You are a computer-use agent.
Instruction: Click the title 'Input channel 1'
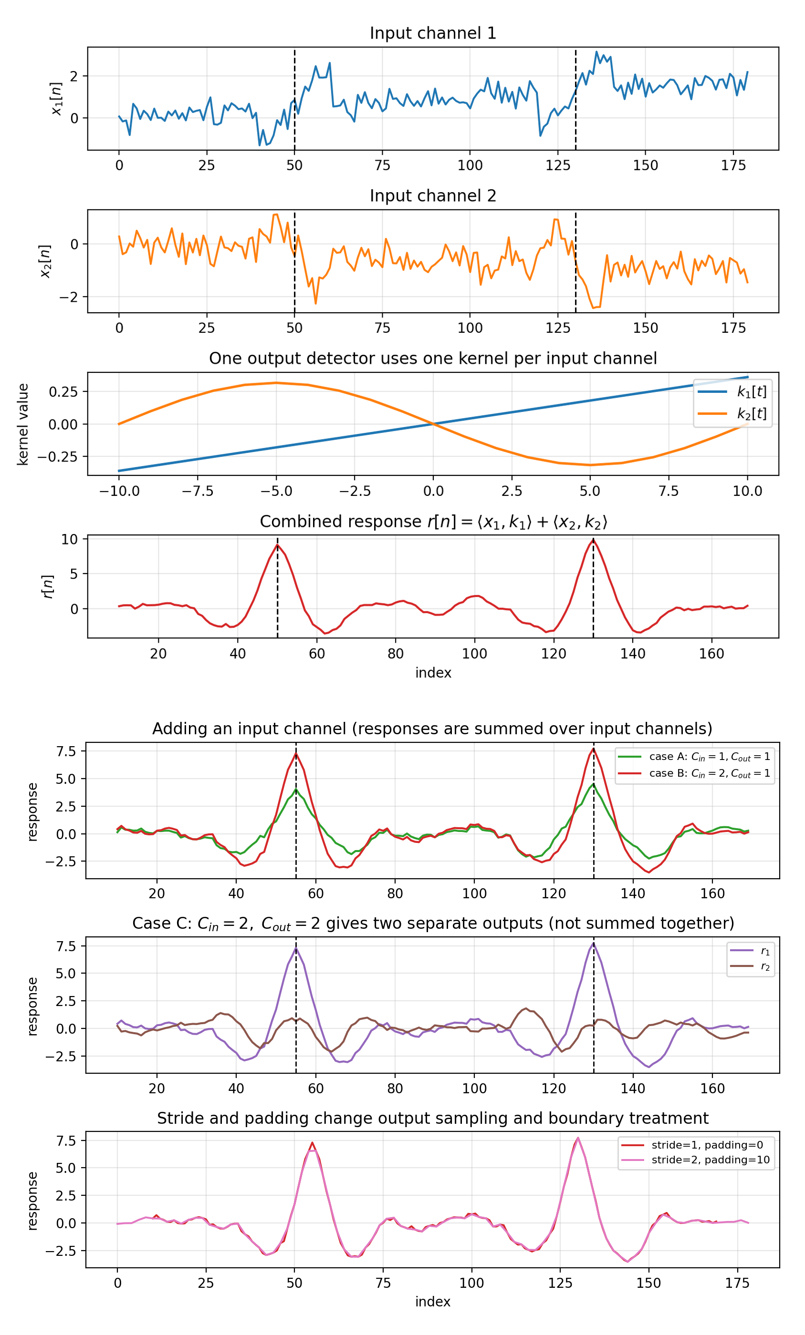(x=433, y=33)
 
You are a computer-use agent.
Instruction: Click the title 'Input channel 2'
(x=433, y=196)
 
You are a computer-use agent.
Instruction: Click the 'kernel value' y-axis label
(x=23, y=424)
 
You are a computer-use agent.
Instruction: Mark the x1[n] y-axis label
(x=56, y=99)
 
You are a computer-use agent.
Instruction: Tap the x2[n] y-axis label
(x=45, y=261)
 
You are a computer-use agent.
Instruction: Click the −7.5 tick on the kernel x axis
(x=198, y=492)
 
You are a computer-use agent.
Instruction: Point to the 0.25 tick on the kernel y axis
(x=63, y=392)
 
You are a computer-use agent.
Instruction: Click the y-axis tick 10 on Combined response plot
(x=69, y=539)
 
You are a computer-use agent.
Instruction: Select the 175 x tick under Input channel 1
(x=733, y=166)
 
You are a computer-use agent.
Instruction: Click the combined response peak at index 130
(x=593, y=540)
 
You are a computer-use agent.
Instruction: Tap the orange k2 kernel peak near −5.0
(x=276, y=383)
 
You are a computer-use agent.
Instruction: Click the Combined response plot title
(x=433, y=522)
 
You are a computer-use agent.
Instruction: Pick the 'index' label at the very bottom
(x=433, y=1302)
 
